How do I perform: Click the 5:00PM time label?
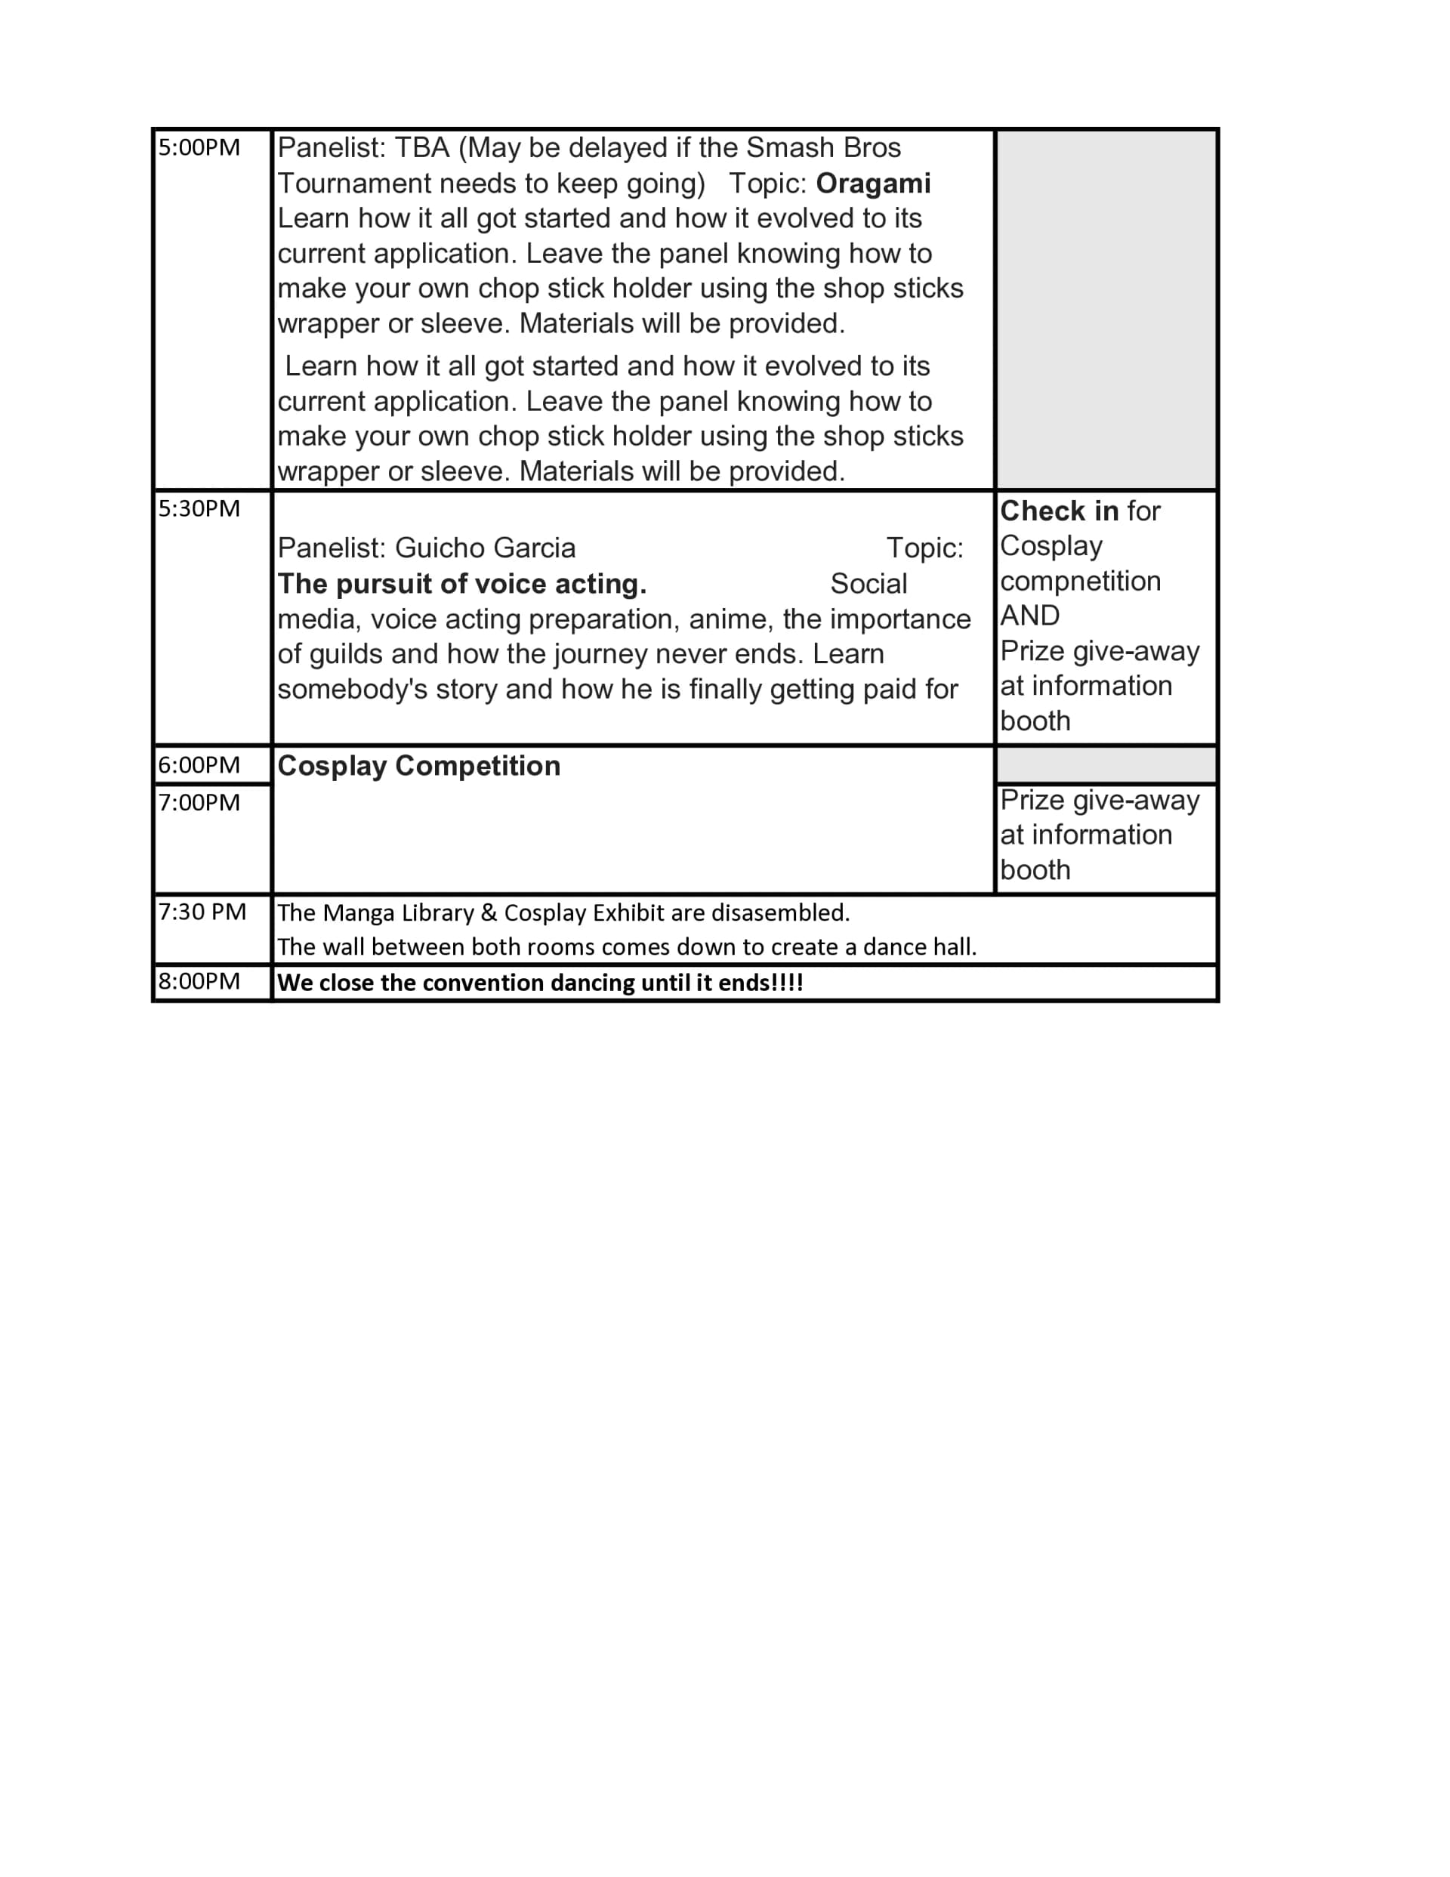[199, 148]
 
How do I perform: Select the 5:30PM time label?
[199, 509]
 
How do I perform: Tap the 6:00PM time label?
[199, 765]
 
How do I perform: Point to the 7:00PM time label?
[199, 803]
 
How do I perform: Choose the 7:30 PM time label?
[202, 912]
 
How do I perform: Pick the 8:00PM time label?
[199, 981]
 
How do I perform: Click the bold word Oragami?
[872, 184]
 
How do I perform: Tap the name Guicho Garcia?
[485, 548]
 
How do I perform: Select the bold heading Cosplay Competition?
[418, 766]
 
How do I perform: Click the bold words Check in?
[1059, 511]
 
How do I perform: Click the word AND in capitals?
[1029, 616]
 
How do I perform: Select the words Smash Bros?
[822, 148]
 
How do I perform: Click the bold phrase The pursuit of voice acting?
[461, 585]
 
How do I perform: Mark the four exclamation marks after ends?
[789, 983]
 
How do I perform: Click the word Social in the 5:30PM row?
[868, 585]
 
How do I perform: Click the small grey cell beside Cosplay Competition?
[1106, 765]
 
